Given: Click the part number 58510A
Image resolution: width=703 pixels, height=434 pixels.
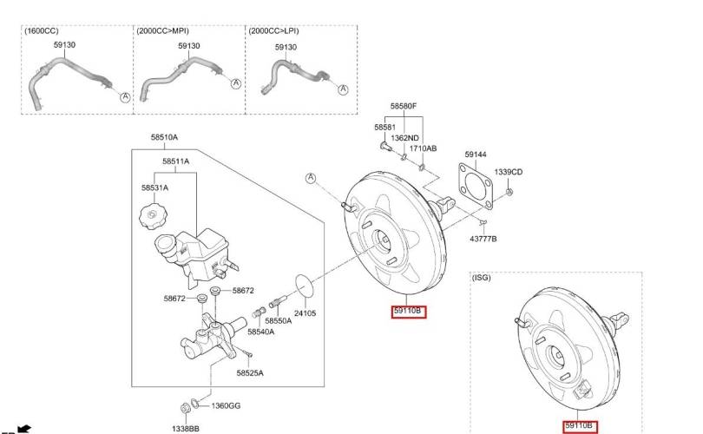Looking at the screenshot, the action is coord(164,137).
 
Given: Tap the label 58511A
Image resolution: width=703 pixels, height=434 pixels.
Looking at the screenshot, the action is coord(175,161).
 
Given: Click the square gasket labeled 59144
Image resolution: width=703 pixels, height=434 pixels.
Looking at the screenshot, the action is coord(476,186).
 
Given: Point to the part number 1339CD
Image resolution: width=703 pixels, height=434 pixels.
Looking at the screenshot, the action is coord(509,172).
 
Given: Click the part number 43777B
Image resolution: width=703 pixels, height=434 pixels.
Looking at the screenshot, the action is coord(483,239).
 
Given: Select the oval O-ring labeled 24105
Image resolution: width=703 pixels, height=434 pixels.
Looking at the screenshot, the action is coord(304,286).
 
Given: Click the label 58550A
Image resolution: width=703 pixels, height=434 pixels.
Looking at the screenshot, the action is coord(279,321).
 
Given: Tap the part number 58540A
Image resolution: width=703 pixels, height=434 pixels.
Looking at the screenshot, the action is coord(261,332).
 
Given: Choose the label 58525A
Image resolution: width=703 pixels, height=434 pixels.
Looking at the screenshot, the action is coord(250,373).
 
